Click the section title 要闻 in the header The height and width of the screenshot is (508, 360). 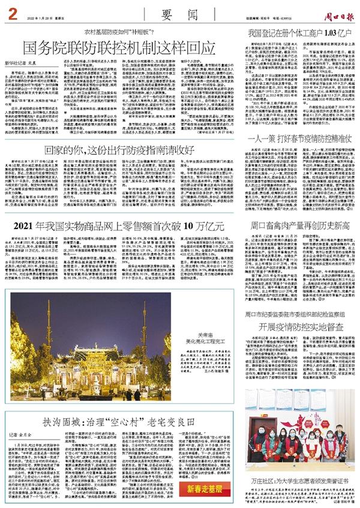[x=176, y=12]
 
